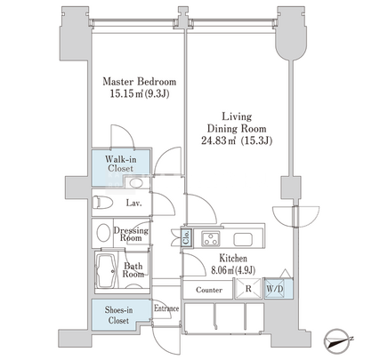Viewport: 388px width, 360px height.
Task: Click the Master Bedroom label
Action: (140, 82)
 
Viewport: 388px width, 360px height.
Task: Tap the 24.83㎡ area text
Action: (219, 140)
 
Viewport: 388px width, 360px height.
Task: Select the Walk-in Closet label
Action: (121, 164)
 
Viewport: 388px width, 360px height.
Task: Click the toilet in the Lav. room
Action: (102, 203)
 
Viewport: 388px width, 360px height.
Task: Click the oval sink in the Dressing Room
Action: (103, 233)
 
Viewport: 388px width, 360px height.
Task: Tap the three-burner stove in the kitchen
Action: (211, 238)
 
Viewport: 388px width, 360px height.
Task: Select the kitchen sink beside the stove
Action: (243, 239)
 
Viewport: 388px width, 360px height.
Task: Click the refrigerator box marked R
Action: (248, 289)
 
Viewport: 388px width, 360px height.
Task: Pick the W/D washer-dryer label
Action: (275, 289)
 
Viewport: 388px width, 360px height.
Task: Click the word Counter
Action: (209, 290)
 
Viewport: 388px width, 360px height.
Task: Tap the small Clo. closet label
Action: (186, 237)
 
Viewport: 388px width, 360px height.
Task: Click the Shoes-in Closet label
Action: (118, 316)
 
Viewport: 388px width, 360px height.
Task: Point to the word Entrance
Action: (166, 308)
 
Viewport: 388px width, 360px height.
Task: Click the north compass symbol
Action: (338, 341)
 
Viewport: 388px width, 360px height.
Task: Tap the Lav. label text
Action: (133, 204)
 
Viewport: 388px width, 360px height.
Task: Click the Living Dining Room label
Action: (237, 123)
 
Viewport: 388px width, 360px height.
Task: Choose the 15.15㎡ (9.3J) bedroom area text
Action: (140, 94)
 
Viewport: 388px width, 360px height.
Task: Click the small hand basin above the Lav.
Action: (136, 182)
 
